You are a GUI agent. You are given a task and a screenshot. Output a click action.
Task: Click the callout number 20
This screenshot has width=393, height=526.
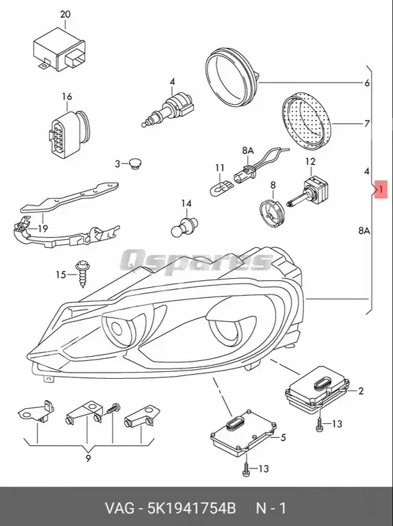pos(65,14)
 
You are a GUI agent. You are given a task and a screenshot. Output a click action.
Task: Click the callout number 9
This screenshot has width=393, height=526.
pos(88,459)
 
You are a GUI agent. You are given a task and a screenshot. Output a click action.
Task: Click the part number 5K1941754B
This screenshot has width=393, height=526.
pos(194,508)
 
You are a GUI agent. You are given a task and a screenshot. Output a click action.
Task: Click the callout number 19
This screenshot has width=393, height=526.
pos(42,229)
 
